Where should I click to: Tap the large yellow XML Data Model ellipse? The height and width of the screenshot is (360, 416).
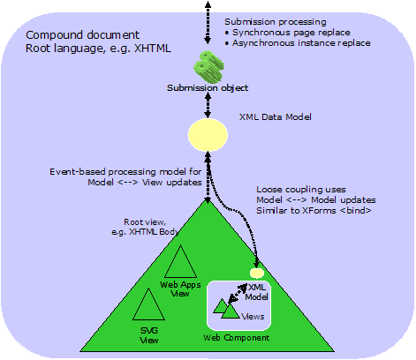[207, 135]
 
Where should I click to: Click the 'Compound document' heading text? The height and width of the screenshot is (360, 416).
[75, 35]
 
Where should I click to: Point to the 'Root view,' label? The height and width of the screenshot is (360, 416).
[145, 223]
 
